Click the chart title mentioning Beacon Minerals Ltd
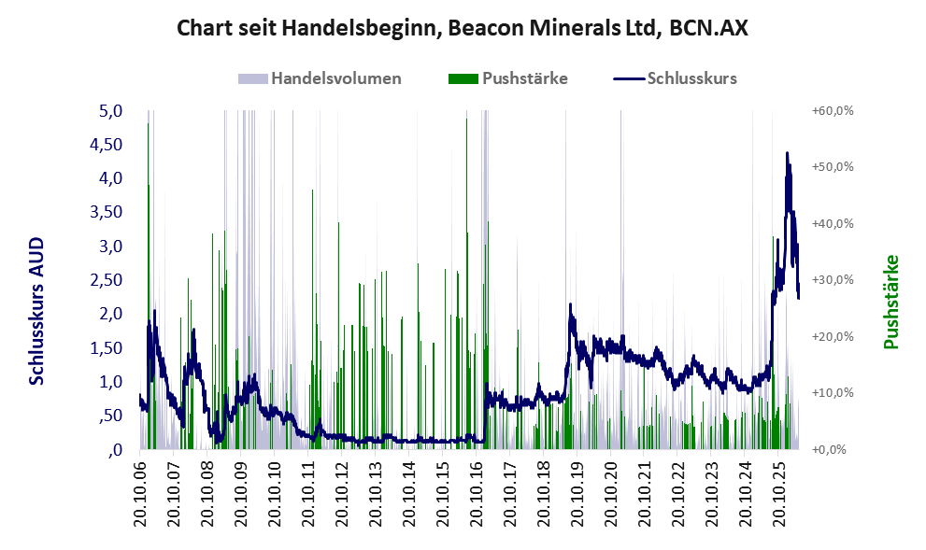(463, 28)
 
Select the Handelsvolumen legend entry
(320, 78)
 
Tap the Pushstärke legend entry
(508, 78)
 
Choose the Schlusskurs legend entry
(675, 78)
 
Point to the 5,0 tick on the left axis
(110, 111)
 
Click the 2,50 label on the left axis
(106, 280)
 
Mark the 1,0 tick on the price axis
(110, 382)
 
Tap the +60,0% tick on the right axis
(833, 111)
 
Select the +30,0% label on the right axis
(833, 280)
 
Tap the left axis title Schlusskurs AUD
(36, 311)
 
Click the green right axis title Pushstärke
(890, 302)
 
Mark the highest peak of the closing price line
(787, 153)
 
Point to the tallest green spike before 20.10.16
(466, 284)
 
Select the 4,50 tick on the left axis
(106, 145)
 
